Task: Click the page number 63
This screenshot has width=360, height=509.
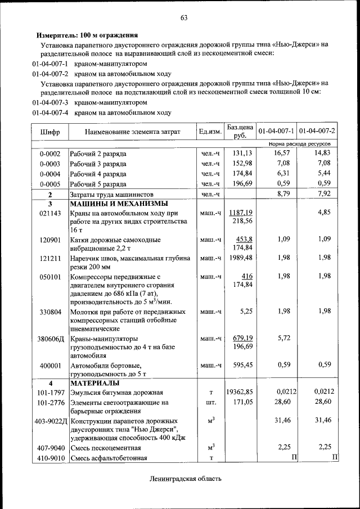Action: click(183, 17)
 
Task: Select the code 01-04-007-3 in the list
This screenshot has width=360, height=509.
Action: click(50, 103)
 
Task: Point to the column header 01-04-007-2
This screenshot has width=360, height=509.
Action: click(317, 132)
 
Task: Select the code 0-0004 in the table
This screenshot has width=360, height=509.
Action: click(50, 174)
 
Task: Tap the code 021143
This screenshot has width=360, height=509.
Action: click(50, 214)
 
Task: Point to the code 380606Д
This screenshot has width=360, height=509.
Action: click(50, 339)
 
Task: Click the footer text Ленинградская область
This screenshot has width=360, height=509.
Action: click(186, 479)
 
